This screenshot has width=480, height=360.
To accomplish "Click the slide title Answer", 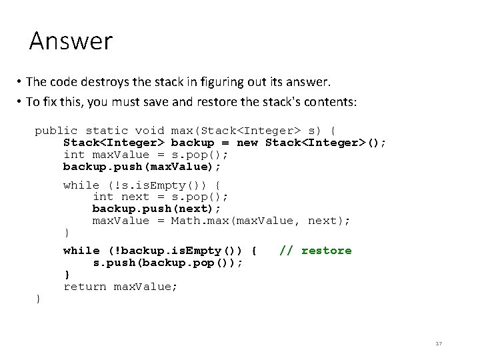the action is click(71, 41).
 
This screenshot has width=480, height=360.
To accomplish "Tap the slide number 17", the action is click(438, 343).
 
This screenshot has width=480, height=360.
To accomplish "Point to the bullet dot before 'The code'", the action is click(21, 83).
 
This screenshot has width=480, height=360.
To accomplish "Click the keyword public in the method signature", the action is click(56, 131).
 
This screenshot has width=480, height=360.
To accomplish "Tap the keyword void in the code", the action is click(149, 131).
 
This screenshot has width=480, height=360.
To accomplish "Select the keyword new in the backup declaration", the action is click(247, 143).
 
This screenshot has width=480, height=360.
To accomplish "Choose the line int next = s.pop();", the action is click(160, 197).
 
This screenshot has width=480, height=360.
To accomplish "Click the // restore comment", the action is click(315, 251).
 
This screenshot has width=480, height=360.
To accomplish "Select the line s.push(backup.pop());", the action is click(167, 263).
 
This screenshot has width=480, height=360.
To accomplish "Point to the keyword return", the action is click(85, 287).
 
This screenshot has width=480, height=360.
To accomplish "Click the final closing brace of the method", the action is click(38, 299).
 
